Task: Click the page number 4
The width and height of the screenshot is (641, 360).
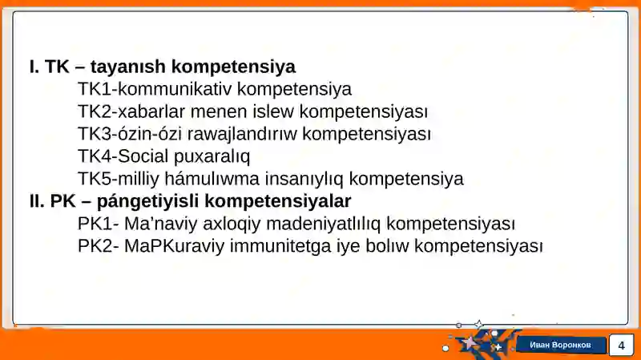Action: pos(620,346)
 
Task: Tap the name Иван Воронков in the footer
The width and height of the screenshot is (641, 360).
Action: pos(560,345)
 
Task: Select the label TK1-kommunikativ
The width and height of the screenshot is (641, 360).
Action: pos(155,89)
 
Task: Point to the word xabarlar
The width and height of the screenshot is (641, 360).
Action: pos(153,111)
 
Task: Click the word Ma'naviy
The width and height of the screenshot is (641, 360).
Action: pos(157,224)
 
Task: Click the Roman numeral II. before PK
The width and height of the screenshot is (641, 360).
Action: pos(37,201)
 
